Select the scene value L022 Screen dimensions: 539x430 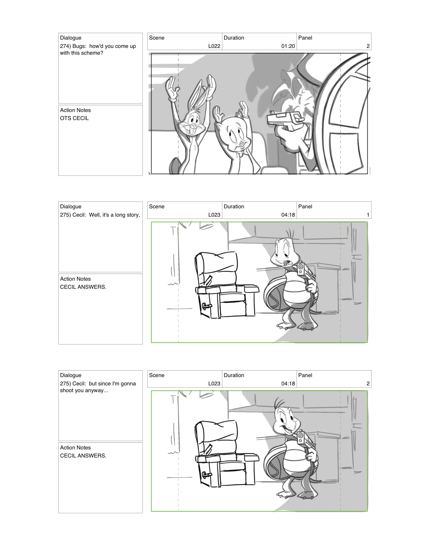click(x=214, y=46)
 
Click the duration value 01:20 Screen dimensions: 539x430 click(x=288, y=46)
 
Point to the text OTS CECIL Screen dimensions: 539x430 click(x=74, y=118)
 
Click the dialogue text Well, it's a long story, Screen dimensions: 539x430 click(x=114, y=215)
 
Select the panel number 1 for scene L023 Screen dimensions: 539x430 click(x=368, y=215)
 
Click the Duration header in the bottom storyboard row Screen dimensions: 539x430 click(x=234, y=375)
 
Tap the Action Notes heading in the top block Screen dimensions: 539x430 click(x=75, y=110)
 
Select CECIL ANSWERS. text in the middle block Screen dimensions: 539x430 click(x=83, y=287)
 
